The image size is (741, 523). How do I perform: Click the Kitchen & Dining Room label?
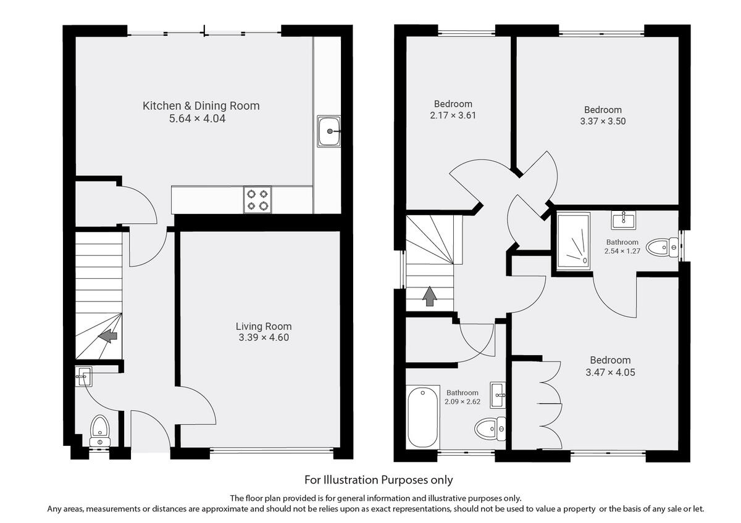[201, 105]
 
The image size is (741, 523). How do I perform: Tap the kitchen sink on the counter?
[329, 131]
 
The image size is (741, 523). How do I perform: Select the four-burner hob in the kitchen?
[257, 199]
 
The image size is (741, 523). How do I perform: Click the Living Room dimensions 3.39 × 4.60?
[264, 337]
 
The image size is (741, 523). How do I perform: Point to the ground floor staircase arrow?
[109, 336]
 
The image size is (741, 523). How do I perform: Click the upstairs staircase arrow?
[429, 297]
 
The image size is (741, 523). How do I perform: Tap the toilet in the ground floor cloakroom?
[99, 429]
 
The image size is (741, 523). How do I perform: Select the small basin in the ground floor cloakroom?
[84, 374]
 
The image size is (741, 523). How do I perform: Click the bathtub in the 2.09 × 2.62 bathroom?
[422, 418]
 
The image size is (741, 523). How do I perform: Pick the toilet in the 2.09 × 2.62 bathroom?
[492, 427]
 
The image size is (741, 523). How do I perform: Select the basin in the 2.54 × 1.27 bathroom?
[623, 220]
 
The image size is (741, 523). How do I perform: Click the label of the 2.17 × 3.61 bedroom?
[453, 104]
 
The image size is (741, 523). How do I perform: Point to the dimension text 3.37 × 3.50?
[603, 121]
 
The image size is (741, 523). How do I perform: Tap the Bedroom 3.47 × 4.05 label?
[610, 360]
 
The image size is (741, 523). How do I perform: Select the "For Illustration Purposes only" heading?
[379, 479]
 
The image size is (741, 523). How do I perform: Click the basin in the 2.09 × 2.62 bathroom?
[498, 395]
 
